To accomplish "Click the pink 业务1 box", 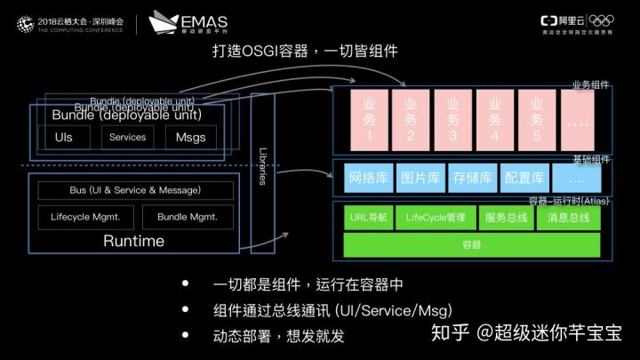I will click(368, 120).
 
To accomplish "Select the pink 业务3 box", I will click(453, 120).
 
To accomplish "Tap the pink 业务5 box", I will click(537, 120).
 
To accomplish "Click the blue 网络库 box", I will click(368, 177).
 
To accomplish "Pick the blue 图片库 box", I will click(420, 177).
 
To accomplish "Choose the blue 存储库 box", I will click(473, 177).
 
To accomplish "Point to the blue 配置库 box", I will click(524, 177).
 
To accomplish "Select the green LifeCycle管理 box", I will click(436, 217).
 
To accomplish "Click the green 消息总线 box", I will click(568, 217).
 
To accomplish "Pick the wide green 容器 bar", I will click(471, 244).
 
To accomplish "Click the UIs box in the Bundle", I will click(64, 138).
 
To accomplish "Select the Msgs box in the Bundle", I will click(190, 138).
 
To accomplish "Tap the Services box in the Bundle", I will click(127, 138).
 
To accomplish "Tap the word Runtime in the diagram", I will click(133, 241).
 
